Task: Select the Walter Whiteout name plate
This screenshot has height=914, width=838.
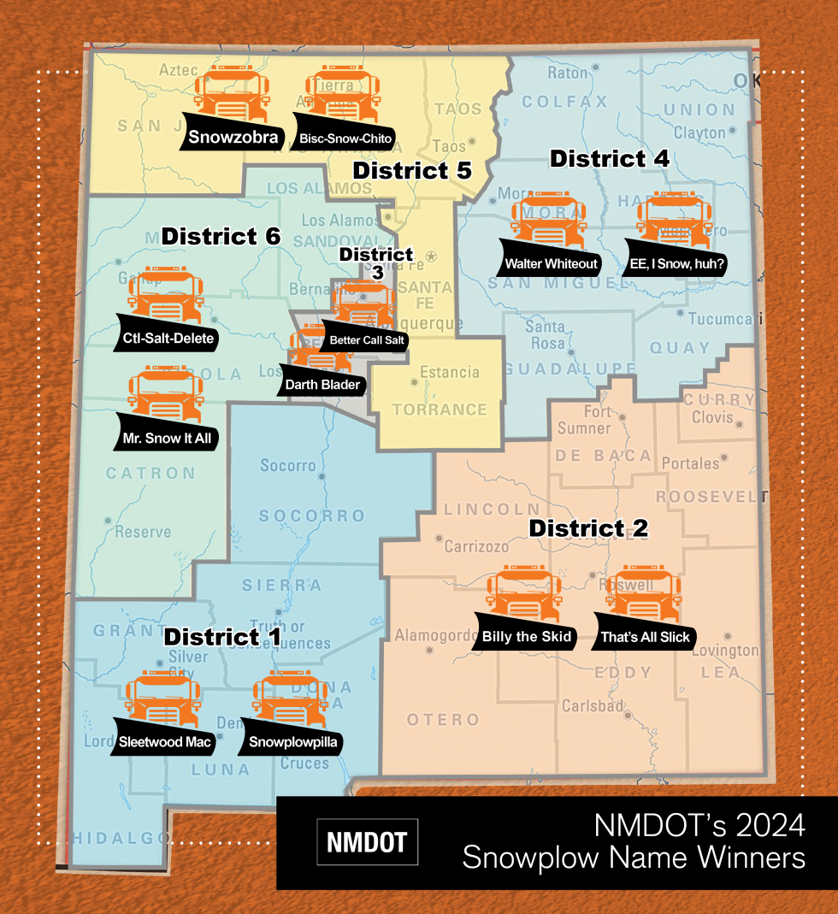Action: [x=551, y=262]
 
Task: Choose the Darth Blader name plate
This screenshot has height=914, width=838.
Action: [x=322, y=384]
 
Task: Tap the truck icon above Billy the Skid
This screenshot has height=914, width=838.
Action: [x=524, y=591]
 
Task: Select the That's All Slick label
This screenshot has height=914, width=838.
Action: [x=645, y=637]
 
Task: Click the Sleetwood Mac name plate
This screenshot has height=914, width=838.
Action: [x=165, y=741]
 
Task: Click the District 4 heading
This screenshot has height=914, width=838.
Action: [x=609, y=158]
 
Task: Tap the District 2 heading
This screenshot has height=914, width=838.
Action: [x=588, y=528]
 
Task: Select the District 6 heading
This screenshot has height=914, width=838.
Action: [x=221, y=236]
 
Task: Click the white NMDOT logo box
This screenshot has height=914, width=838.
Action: [x=367, y=841]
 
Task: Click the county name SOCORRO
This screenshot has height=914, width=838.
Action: [x=312, y=516]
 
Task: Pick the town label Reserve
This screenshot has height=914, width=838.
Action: [x=143, y=532]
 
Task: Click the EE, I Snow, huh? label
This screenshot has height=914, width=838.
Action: [x=678, y=264]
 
